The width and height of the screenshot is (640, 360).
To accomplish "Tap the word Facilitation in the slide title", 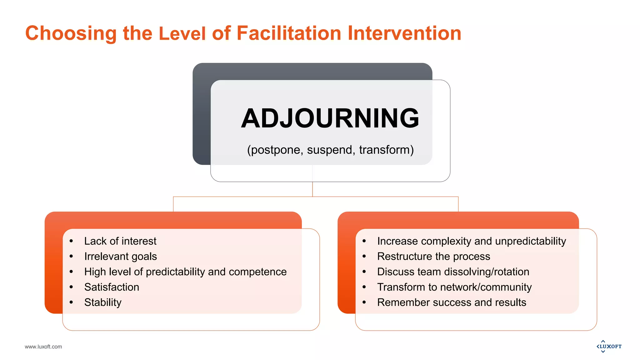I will coord(289,33).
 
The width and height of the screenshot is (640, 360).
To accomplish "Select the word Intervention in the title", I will coord(404,33).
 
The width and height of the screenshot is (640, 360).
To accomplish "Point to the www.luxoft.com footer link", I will coord(43,347).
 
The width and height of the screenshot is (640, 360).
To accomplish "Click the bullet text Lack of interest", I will coord(120,241).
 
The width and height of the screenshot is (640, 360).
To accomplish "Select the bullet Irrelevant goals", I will coord(120,256).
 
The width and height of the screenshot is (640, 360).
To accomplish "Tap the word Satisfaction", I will coord(112,287).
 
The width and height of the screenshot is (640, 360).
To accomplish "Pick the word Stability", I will coord(103,302).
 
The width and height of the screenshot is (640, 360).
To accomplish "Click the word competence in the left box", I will coord(257,272).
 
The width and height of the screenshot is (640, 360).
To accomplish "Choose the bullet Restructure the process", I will coord(433,256).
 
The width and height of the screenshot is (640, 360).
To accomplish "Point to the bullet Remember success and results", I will coord(452,302).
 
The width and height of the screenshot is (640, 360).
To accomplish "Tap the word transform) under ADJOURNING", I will coord(386,150).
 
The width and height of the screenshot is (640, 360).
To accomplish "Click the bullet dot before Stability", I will coord(71,302).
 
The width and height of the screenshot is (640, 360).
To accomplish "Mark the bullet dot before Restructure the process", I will coord(364,256).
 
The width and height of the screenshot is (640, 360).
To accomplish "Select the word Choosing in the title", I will coord(71,33).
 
